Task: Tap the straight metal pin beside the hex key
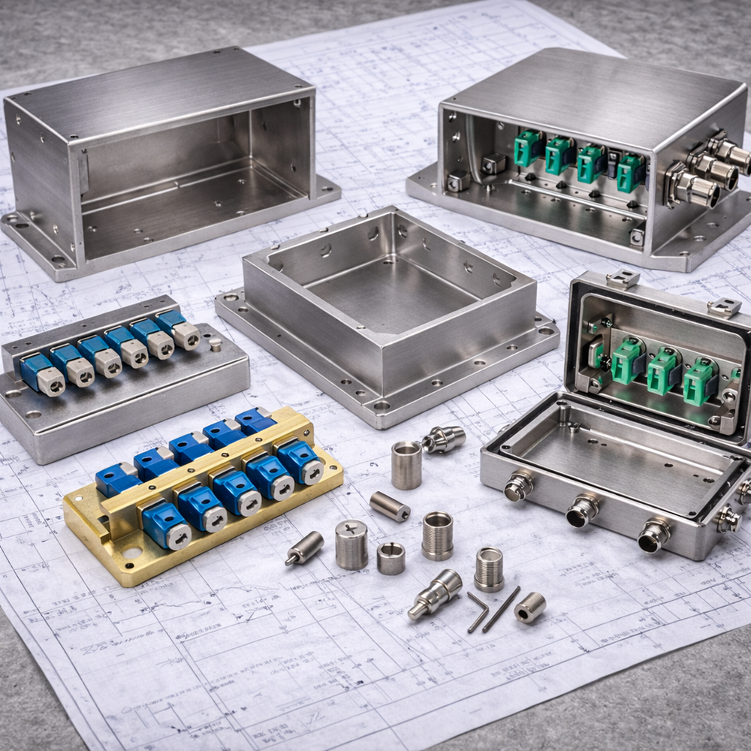[x=501, y=608]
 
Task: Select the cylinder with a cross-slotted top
[x=351, y=544]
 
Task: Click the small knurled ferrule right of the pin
[x=530, y=606]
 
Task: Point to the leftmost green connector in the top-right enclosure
[x=529, y=148]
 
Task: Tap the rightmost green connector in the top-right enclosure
[x=629, y=173]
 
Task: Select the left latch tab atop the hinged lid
[x=623, y=279]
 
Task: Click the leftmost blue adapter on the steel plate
[x=42, y=374]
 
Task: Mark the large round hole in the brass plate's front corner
[x=132, y=553]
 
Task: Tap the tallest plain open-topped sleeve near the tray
[x=406, y=465]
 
